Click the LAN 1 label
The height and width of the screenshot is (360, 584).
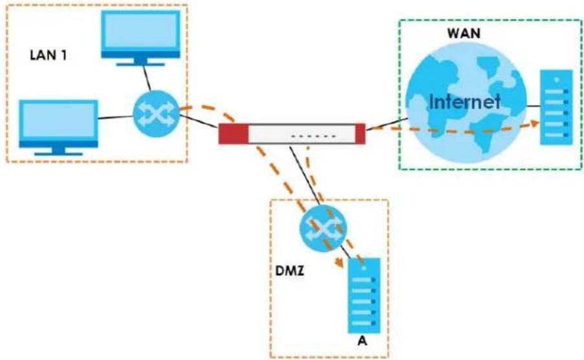48,55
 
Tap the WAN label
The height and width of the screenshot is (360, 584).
463,33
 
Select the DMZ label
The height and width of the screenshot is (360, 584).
289,271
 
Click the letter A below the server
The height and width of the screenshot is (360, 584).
362,341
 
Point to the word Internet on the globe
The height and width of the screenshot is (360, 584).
464,101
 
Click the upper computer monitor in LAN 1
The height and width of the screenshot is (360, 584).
140,37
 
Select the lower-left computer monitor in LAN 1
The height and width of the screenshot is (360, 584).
58,127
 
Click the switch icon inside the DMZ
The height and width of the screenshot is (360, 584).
323,228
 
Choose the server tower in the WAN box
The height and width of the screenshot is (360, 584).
556,107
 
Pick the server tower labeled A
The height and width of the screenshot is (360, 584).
364,295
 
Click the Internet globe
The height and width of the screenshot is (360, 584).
466,103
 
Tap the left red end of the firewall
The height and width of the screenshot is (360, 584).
233,133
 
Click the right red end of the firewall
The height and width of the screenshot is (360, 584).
360,133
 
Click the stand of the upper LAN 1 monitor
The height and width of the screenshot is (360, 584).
140,62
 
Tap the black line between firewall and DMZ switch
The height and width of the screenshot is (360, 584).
305,175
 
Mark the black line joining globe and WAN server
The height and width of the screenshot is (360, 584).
534,106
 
